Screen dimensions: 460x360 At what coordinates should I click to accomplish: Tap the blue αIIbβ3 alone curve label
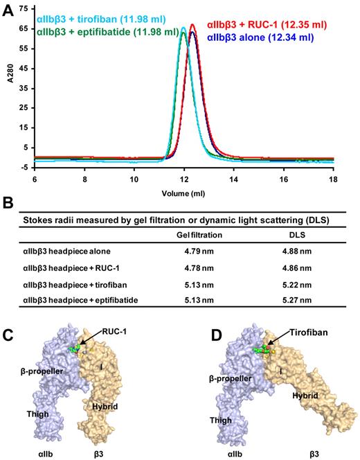tap(278, 37)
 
